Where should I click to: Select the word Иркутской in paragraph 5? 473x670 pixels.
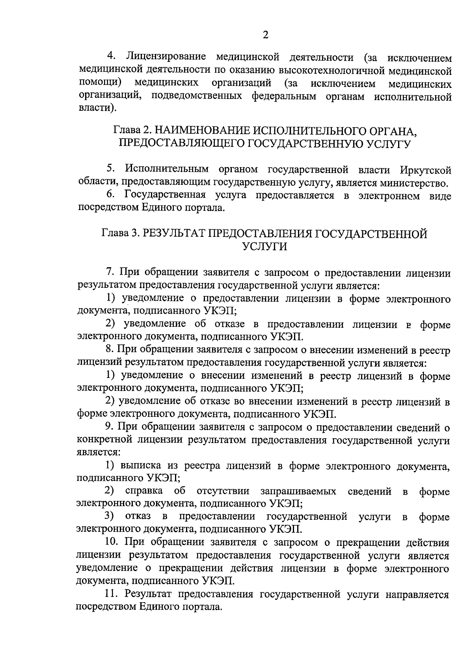pyautogui.click(x=425, y=170)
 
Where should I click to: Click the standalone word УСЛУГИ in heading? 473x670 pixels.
pyautogui.click(x=264, y=247)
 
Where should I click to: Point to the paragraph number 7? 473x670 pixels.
pyautogui.click(x=110, y=272)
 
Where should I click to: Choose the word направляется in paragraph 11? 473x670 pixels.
pyautogui.click(x=419, y=594)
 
